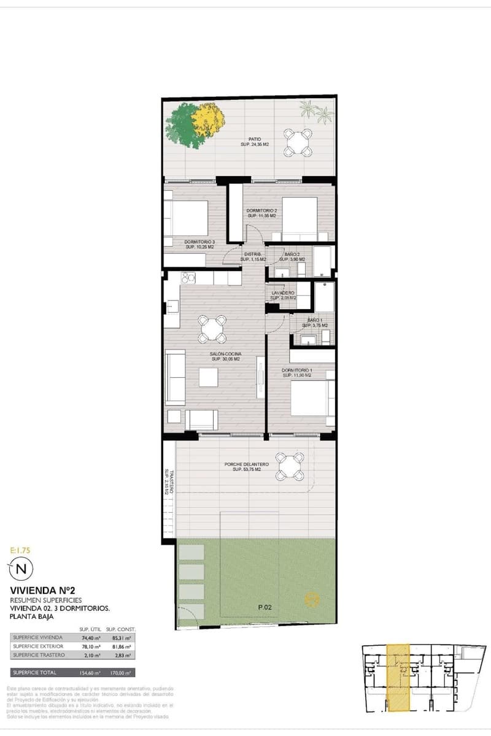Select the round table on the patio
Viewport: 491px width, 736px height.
(298, 143)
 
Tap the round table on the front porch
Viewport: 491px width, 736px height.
(288, 466)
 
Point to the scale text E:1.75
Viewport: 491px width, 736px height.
(20, 551)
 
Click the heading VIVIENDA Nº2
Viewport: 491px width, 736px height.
(39, 591)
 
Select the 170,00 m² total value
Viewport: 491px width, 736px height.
(120, 673)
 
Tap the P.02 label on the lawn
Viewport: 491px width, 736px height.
(265, 607)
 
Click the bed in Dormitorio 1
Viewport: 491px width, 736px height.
(312, 397)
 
